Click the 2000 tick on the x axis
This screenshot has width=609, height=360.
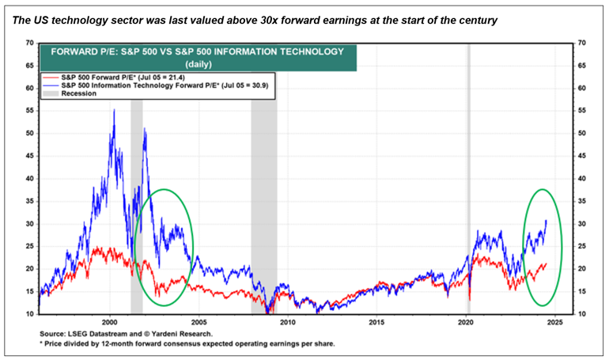(x=110, y=323)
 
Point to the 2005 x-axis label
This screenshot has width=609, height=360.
(x=199, y=323)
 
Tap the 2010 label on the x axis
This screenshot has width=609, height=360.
(x=287, y=323)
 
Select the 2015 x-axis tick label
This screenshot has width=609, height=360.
(x=376, y=323)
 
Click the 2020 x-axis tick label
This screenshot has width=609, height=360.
(x=466, y=323)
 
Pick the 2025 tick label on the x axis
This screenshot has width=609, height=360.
(x=554, y=323)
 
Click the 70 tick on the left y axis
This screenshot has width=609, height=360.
(x=29, y=43)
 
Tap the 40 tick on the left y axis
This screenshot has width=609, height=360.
(x=29, y=178)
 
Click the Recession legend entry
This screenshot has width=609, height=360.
(x=79, y=93)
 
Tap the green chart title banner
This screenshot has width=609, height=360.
(x=197, y=56)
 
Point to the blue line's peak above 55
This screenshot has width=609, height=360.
(x=114, y=111)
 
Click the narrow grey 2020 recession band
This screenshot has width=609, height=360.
(x=468, y=174)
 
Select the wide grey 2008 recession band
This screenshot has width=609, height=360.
(x=264, y=198)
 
